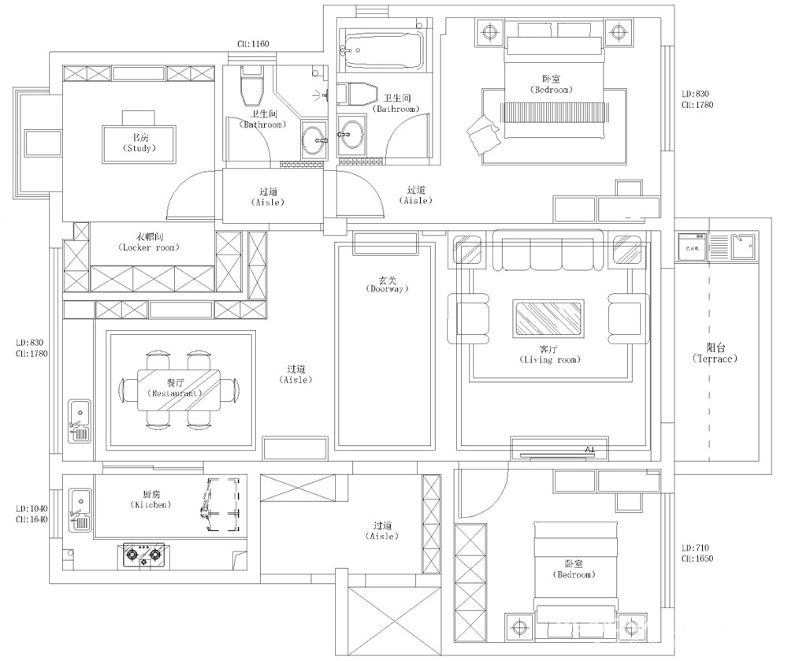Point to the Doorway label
[x=385, y=284]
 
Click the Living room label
[x=548, y=354]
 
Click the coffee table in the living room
[x=549, y=318]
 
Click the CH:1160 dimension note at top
[x=253, y=44]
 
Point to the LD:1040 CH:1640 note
[x=32, y=514]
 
